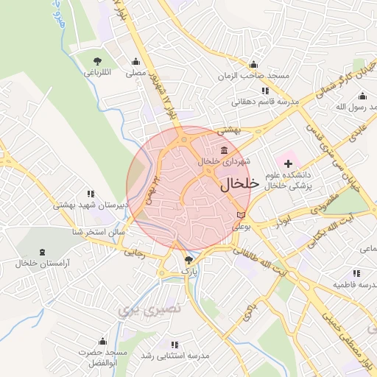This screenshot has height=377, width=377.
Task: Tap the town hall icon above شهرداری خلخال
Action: pyautogui.click(x=223, y=151)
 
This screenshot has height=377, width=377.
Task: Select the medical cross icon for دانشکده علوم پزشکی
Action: pyautogui.click(x=288, y=161)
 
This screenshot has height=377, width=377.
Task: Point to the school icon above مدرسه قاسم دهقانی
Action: pyautogui.click(x=265, y=91)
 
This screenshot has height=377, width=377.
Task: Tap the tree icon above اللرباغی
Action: pyautogui.click(x=97, y=61)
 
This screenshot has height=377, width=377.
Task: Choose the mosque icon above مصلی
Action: pyautogui.click(x=135, y=62)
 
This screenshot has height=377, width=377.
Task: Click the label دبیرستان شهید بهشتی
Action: pyautogui.click(x=91, y=205)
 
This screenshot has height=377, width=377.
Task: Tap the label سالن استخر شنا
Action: pyautogui.click(x=98, y=232)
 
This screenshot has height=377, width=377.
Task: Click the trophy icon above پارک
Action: pyautogui.click(x=189, y=260)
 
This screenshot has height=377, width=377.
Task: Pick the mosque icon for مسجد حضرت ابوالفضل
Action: pyautogui.click(x=102, y=342)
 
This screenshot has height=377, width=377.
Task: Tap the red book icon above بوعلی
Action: pyautogui.click(x=242, y=214)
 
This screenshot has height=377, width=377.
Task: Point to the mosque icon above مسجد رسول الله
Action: pyautogui.click(x=362, y=96)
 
